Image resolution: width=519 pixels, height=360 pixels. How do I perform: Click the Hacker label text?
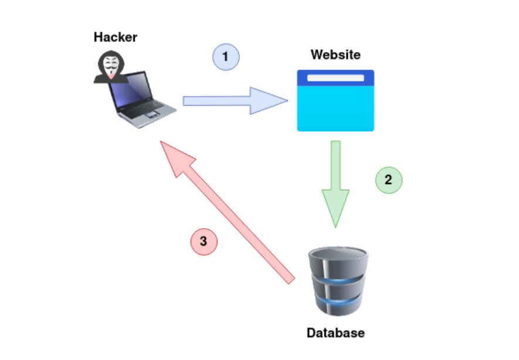point(115,38)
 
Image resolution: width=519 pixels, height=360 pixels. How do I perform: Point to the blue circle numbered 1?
point(226,57)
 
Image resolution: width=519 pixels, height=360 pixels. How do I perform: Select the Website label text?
point(335,55)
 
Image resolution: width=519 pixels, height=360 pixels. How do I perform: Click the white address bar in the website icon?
point(335,77)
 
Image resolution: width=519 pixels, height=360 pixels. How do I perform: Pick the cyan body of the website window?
point(335,108)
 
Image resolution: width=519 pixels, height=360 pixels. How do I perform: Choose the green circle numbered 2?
point(389,180)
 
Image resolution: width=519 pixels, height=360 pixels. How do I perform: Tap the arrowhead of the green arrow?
point(335,208)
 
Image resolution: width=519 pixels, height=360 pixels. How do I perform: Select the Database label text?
point(335,333)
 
